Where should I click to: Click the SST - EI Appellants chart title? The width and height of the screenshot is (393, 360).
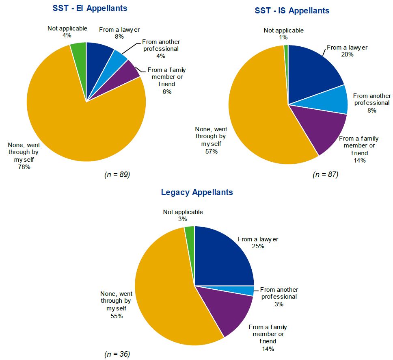90,8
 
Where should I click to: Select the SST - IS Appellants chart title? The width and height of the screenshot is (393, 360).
292,11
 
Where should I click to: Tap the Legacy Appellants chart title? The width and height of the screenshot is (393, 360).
197,192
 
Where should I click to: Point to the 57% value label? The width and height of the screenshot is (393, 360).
212,151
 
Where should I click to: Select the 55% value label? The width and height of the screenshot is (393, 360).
116,316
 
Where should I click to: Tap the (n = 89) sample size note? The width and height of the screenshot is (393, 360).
117,175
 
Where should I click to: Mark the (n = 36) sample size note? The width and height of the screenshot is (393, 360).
117,354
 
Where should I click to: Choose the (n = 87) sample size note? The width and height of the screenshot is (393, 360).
326,175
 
